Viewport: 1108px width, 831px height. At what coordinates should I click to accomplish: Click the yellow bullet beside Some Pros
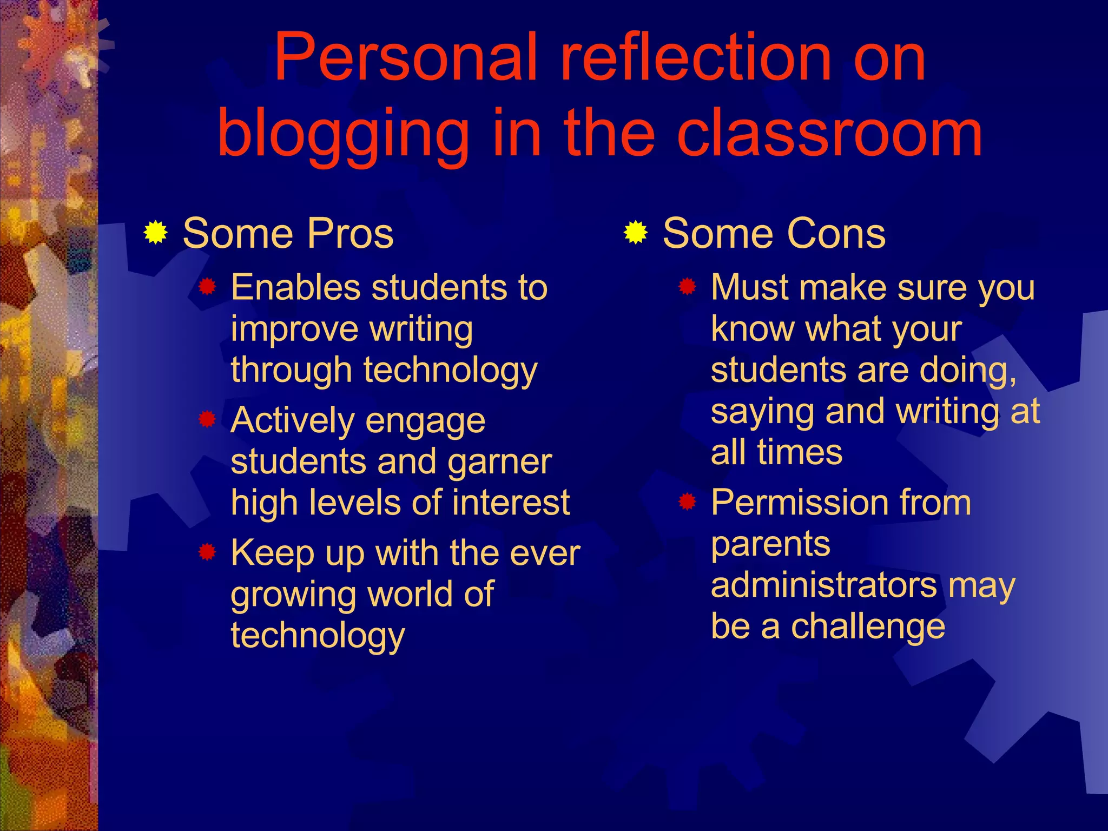(156, 233)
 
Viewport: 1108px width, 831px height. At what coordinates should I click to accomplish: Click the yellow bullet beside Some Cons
(636, 233)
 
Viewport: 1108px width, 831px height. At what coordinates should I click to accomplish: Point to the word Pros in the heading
(350, 234)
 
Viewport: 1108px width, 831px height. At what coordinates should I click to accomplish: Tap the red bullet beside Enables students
(208, 286)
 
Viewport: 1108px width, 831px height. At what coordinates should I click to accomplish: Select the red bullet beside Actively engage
(208, 419)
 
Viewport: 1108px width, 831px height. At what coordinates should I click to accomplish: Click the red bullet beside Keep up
(208, 552)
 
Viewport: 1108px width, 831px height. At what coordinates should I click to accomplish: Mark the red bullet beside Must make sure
(688, 286)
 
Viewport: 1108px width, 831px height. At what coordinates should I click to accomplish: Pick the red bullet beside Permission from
(688, 502)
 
